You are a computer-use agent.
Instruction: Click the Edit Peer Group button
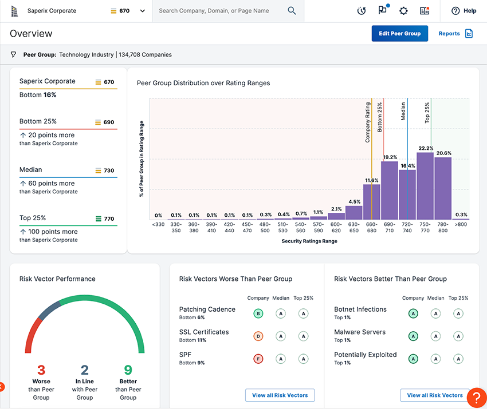pos(399,34)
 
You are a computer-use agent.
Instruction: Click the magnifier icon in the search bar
pos(292,11)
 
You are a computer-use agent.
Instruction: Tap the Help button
pos(464,11)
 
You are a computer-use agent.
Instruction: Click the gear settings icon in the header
pos(403,11)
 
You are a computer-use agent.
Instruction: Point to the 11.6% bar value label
pos(371,180)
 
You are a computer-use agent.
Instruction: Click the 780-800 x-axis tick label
pos(443,227)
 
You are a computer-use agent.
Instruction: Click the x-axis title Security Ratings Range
pos(309,241)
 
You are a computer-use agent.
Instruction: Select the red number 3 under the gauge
pos(41,370)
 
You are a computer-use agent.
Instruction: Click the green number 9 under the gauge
pos(128,370)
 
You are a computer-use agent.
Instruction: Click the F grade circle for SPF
pos(258,359)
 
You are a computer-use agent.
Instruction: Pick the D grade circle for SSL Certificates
pos(258,336)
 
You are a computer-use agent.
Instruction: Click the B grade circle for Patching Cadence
pos(258,313)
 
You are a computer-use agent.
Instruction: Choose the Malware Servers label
pos(360,332)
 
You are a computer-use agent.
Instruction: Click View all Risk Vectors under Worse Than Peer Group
pos(280,395)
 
